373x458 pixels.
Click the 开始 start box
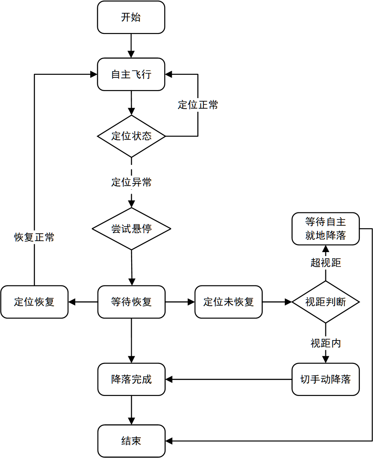coord(131,17)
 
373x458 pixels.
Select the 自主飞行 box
coord(131,74)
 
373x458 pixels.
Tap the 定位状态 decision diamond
coord(131,136)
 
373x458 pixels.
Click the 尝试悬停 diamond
coord(131,229)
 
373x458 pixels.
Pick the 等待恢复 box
coord(131,302)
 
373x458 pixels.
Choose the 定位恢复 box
coord(34,302)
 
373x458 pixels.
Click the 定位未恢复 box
coord(228,302)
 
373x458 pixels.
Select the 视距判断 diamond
coord(325,302)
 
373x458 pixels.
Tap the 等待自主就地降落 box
coord(325,229)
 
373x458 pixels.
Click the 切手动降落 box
coord(325,379)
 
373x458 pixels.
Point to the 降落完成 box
coord(131,379)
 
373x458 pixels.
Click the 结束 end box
coord(131,441)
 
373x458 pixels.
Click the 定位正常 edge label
coord(198,105)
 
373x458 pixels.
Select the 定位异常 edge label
coord(131,182)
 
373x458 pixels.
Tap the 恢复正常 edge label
coord(34,237)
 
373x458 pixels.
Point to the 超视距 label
coord(325,263)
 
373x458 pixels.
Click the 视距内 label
coord(325,343)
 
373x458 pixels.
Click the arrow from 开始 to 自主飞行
coord(131,46)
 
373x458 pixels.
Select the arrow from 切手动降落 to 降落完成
coord(229,379)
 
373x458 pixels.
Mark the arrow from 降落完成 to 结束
coord(131,410)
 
